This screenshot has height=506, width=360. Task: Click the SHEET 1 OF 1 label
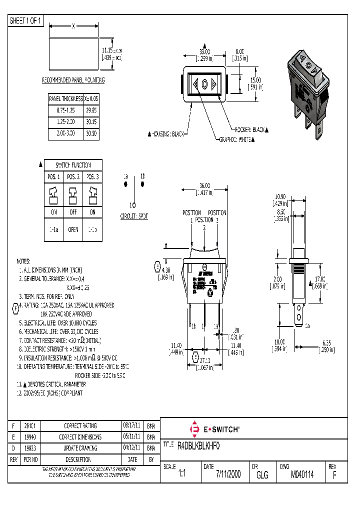coord(26,20)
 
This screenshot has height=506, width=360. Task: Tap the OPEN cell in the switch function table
coord(72,229)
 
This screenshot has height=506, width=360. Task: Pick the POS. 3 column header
coord(92,177)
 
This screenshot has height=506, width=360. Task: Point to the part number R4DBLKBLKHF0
coord(198,444)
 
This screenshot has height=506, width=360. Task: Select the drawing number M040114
coord(302,474)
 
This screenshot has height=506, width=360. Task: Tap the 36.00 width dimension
coord(204,186)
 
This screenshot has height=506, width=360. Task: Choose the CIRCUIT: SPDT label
coord(134,216)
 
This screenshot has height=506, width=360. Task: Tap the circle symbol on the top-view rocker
coord(204,84)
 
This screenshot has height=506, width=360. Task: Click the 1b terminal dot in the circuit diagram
coord(142,184)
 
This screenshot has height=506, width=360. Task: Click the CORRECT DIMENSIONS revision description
coord(80,437)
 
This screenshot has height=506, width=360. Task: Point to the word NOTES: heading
coord(23,261)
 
